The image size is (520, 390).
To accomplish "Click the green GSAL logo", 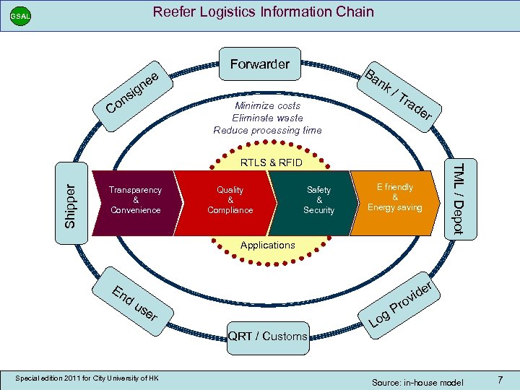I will pyautogui.click(x=20, y=16).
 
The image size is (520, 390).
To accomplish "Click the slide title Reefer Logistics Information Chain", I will pyautogui.click(x=263, y=12).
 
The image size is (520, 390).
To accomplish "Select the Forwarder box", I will pyautogui.click(x=259, y=64).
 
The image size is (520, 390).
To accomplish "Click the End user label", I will pyautogui.click(x=134, y=304).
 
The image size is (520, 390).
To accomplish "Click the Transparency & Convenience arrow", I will pyautogui.click(x=135, y=200).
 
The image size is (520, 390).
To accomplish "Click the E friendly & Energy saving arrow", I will pyautogui.click(x=395, y=197).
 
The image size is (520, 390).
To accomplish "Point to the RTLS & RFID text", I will pyautogui.click(x=271, y=163).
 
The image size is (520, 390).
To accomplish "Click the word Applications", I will pyautogui.click(x=267, y=245).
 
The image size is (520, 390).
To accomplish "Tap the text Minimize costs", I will pyautogui.click(x=267, y=106).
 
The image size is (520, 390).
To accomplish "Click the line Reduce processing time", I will pyautogui.click(x=267, y=130).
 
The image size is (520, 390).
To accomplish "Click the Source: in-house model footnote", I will pyautogui.click(x=417, y=381).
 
